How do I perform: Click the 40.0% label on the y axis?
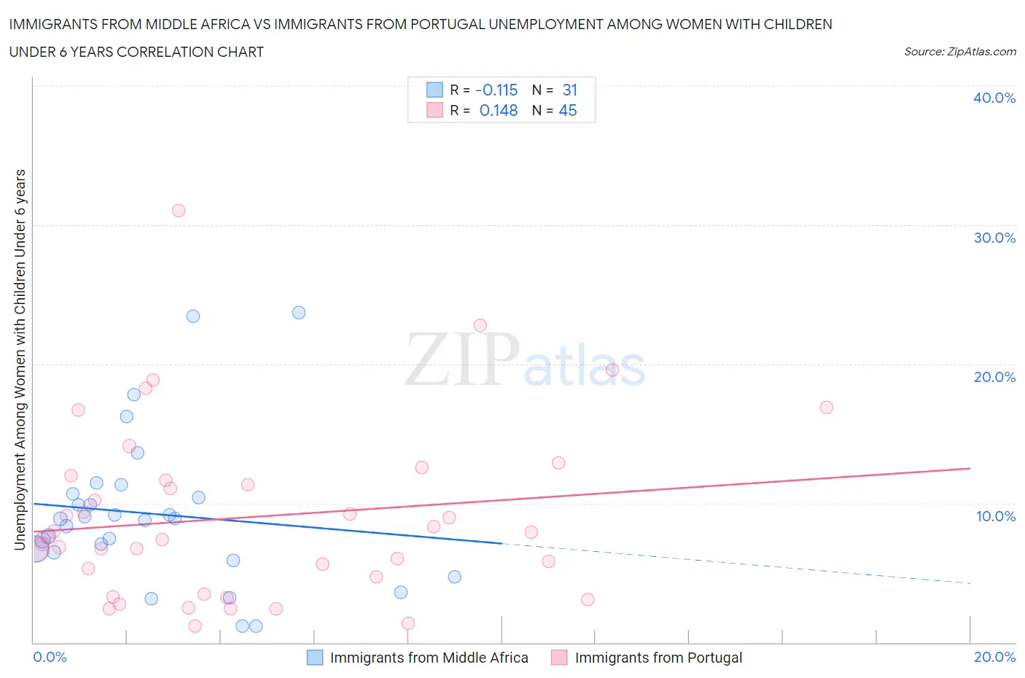[x=994, y=98]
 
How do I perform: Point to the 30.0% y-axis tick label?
[x=994, y=238]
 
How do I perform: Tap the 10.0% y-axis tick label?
[x=994, y=516]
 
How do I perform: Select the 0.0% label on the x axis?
[x=50, y=657]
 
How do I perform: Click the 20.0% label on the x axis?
[x=994, y=657]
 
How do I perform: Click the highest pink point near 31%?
[x=179, y=211]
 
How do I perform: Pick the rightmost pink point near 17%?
[x=826, y=408]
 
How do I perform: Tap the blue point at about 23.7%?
[x=299, y=313]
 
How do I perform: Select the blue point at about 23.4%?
[x=193, y=316]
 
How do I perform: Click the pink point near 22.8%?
[x=480, y=326]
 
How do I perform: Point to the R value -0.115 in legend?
[x=496, y=90]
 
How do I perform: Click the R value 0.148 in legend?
[x=499, y=110]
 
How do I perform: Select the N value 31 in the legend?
[x=570, y=90]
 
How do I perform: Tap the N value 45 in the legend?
[x=568, y=110]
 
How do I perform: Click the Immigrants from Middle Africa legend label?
[x=429, y=658]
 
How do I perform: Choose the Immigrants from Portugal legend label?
[x=658, y=658]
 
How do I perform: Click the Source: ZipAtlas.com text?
[x=959, y=52]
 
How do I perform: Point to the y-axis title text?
[x=20, y=359]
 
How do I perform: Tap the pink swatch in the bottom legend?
[x=559, y=658]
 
